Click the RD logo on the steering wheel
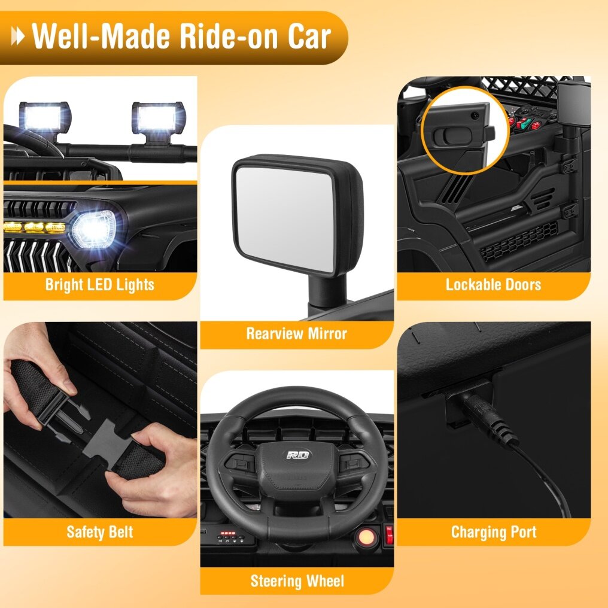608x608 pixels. [298, 454]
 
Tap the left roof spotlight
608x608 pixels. [45, 118]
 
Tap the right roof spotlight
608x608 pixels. [159, 118]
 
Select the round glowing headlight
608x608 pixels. [94, 229]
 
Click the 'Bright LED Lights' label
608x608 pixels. [100, 285]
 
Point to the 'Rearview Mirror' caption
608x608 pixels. [297, 333]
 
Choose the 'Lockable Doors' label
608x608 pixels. [493, 285]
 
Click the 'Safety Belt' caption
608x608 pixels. [100, 532]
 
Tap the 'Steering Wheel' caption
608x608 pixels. [297, 581]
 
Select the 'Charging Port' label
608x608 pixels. [494, 532]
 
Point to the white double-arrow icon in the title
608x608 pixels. [18, 37]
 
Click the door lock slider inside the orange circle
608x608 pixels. [452, 136]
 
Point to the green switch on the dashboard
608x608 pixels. [527, 123]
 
